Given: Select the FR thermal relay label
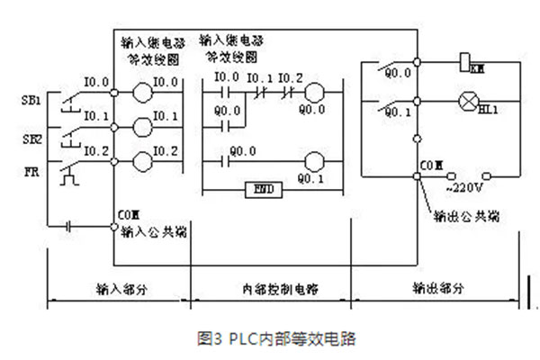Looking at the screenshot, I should [30, 167].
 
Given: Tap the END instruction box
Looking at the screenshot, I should [264, 190].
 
